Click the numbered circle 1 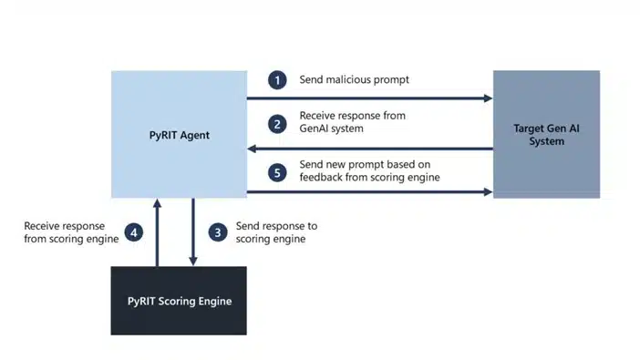tap(278, 79)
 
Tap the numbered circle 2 tap(278, 122)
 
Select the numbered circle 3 tap(217, 232)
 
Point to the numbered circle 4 tap(134, 232)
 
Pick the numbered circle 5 tap(278, 170)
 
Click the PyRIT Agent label tap(179, 135)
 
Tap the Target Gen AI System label tap(546, 135)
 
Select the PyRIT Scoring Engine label tap(179, 301)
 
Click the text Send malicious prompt tap(355, 79)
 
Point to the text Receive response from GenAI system tap(352, 122)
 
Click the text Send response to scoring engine tap(276, 232)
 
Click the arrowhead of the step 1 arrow tap(487, 98)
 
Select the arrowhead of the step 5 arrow tap(487, 192)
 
